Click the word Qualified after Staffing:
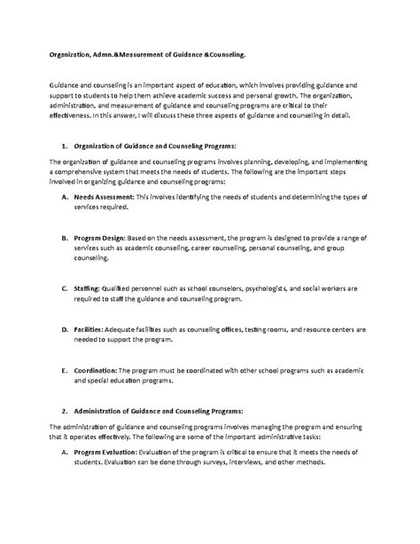pos(121,288)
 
